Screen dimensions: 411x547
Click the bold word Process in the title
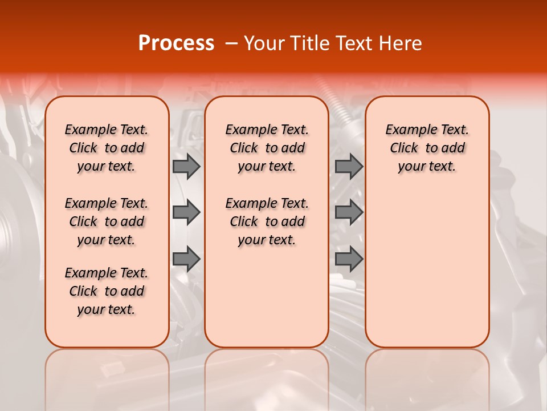click(x=176, y=43)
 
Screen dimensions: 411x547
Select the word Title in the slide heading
click(x=305, y=43)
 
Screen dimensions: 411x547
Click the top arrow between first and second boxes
click(x=186, y=166)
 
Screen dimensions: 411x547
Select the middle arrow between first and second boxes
click(x=186, y=212)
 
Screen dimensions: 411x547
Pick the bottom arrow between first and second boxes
click(x=186, y=259)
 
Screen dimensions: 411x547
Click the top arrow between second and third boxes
click(x=349, y=166)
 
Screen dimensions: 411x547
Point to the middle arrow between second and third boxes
click(x=349, y=212)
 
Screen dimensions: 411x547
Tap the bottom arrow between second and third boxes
click(x=349, y=259)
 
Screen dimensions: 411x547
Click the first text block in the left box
click(x=107, y=148)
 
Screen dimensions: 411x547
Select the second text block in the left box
click(x=107, y=221)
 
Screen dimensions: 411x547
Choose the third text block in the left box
click(x=107, y=291)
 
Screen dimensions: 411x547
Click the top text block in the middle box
click(x=267, y=148)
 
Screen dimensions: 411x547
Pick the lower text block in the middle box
click(x=267, y=221)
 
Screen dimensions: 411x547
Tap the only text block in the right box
click(x=427, y=148)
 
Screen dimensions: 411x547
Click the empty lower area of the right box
click(x=427, y=268)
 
